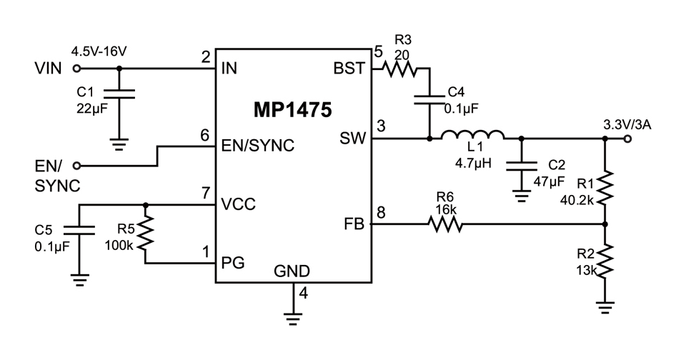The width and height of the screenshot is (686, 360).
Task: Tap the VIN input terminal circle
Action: click(76, 69)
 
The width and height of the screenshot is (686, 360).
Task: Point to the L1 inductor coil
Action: click(472, 135)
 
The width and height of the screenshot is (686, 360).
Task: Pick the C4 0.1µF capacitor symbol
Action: click(430, 100)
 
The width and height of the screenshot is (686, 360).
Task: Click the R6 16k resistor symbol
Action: click(445, 224)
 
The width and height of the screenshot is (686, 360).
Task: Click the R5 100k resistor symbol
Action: click(146, 234)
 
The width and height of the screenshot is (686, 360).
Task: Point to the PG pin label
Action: click(234, 263)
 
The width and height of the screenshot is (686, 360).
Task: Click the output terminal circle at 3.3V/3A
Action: click(627, 139)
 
